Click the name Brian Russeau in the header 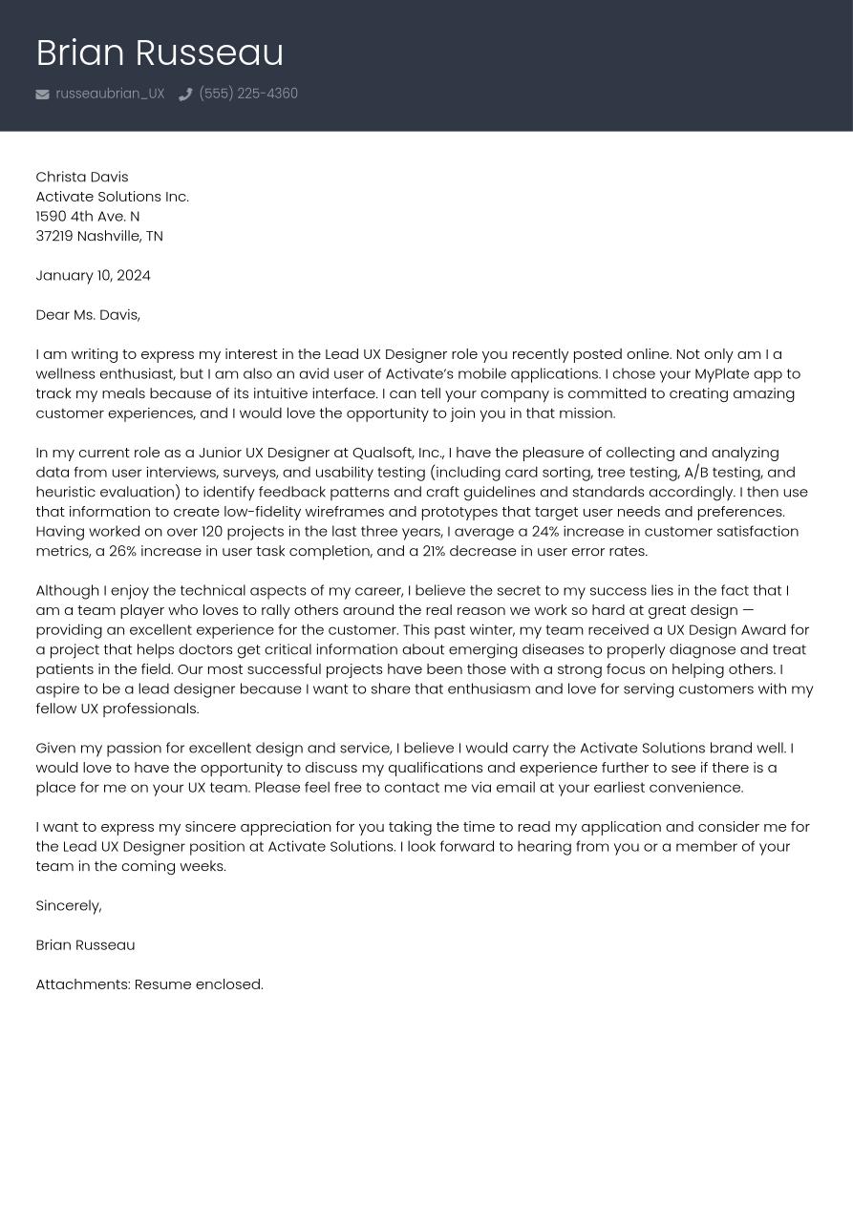pos(160,53)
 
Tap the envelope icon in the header pos(42,95)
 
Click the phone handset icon pos(185,95)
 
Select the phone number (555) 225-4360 pos(248,94)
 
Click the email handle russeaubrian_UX pos(110,94)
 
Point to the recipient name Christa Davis pos(81,177)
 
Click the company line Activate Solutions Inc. pos(112,197)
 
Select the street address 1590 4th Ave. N pos(87,217)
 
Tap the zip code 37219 pos(53,236)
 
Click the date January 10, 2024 pos(93,275)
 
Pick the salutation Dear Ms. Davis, pos(87,314)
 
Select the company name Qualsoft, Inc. pos(397,453)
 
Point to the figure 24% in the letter pos(545,531)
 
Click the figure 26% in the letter pos(122,551)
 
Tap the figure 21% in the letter pos(434,551)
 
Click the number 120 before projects pos(211,531)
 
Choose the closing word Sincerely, pos(68,905)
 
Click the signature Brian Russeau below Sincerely pos(85,945)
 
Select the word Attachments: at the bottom pos(82,984)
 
